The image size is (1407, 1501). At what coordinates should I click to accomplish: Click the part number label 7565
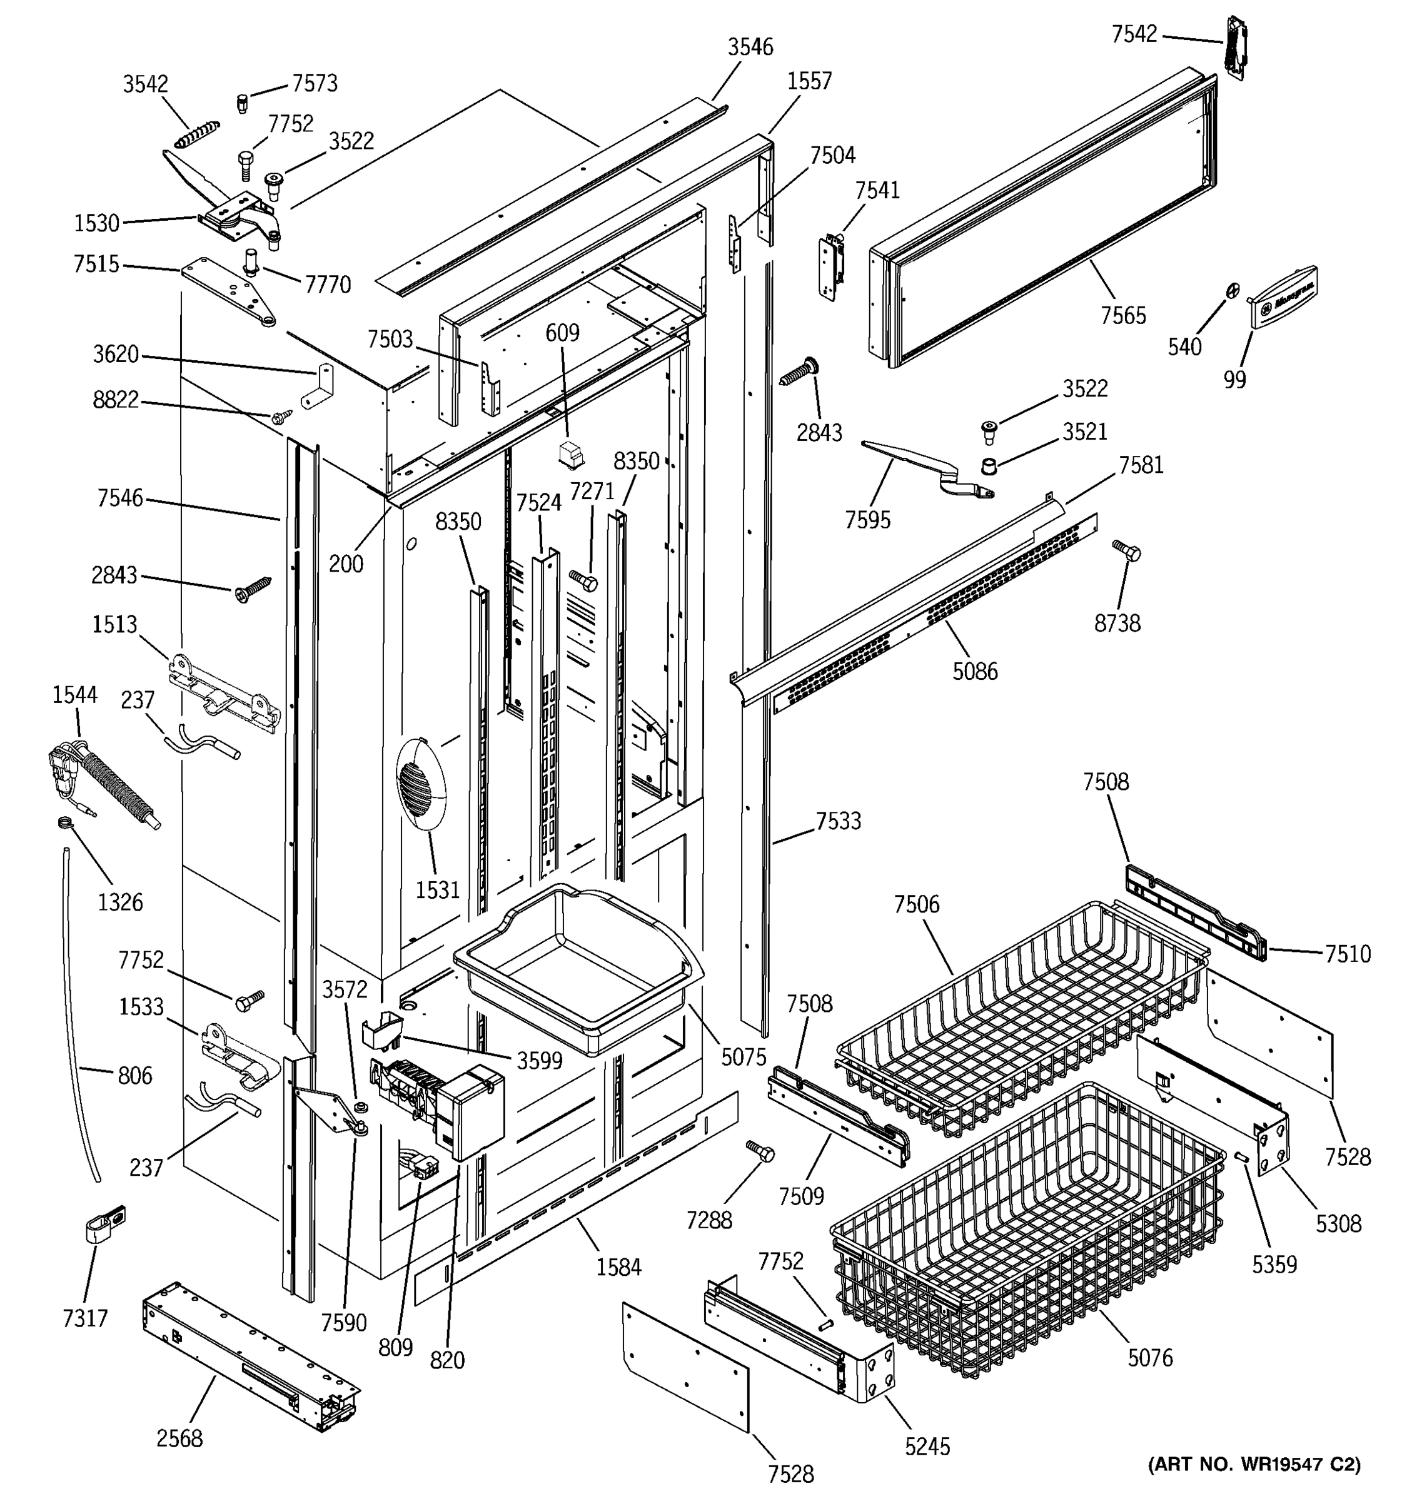(1122, 316)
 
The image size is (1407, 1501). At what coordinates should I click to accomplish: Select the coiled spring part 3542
(197, 135)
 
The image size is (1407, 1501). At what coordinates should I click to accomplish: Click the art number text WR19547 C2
(1254, 1465)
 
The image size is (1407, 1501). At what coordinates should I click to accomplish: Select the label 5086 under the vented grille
(974, 670)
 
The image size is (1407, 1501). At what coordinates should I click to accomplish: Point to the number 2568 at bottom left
(179, 1438)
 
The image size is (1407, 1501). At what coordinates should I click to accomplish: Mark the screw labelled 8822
(283, 415)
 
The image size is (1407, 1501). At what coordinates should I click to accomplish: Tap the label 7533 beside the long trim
(838, 821)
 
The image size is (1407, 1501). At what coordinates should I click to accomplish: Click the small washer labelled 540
(1232, 290)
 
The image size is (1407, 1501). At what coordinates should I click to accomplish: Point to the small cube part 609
(571, 455)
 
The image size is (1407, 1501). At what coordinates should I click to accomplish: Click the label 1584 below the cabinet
(618, 1266)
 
